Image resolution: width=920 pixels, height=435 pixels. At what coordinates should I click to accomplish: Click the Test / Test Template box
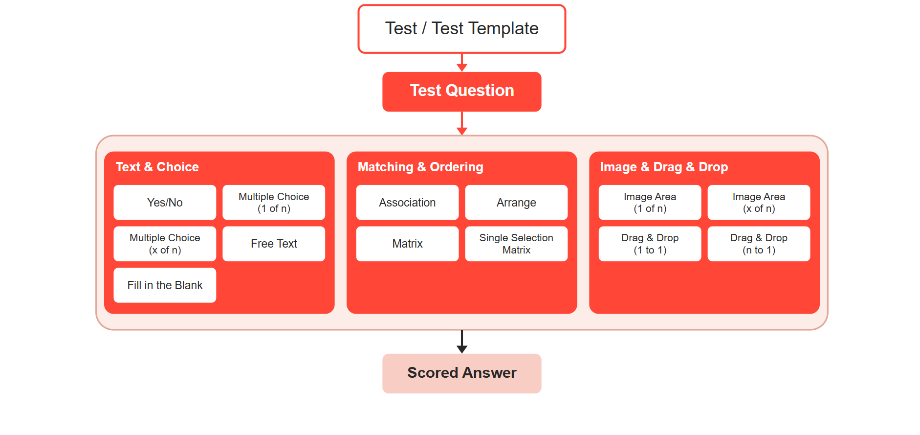click(462, 29)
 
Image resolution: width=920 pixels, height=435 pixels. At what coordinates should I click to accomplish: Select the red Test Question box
click(462, 92)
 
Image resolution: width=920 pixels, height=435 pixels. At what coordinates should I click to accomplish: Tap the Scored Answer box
click(462, 373)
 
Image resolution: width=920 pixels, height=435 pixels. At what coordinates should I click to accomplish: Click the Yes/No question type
click(165, 203)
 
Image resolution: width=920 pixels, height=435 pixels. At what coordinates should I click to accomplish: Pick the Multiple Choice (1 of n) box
click(274, 203)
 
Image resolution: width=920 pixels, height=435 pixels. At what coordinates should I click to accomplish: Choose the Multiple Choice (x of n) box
click(165, 244)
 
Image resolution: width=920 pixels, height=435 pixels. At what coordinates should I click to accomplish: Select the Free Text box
click(274, 244)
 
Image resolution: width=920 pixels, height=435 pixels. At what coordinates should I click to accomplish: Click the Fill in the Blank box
click(165, 285)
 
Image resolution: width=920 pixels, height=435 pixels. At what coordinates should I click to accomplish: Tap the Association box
click(407, 203)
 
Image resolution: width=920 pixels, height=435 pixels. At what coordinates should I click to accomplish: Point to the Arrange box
click(516, 203)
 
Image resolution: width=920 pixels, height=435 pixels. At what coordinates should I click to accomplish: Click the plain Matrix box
click(407, 244)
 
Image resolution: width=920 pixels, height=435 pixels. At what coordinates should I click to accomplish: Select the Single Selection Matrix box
click(516, 244)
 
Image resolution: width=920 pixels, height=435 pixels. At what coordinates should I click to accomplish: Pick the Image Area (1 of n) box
click(650, 203)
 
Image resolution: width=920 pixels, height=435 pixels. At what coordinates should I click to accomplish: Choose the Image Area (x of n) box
click(759, 203)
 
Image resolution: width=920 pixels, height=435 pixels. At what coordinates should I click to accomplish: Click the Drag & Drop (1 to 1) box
click(650, 244)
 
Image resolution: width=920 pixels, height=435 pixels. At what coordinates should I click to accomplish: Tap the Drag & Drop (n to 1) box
click(759, 244)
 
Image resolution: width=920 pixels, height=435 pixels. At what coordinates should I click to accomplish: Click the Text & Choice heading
click(157, 167)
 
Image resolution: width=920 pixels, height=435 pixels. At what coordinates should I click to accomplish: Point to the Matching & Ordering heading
click(420, 167)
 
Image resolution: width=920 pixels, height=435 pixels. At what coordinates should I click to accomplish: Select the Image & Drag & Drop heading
click(664, 167)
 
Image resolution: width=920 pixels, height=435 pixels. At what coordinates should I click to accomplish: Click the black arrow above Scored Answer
click(462, 342)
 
